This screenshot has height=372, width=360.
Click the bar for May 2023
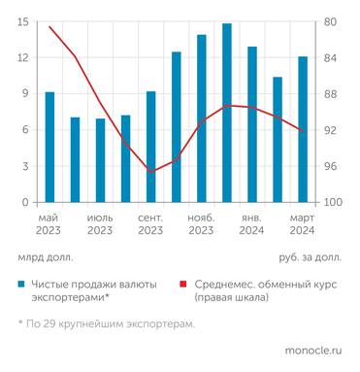pyautogui.click(x=49, y=148)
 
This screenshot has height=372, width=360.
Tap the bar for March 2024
pyautogui.click(x=303, y=130)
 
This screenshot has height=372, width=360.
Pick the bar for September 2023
pyautogui.click(x=150, y=148)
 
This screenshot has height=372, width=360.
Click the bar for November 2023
pyautogui.click(x=201, y=119)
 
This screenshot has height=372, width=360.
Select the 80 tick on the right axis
pyautogui.click(x=332, y=21)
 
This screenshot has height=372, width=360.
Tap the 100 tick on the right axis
pyautogui.click(x=335, y=203)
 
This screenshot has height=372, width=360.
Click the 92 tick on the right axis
pyautogui.click(x=332, y=130)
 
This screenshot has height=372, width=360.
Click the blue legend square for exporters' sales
pyautogui.click(x=20, y=284)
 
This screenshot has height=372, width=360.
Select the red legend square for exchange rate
pyautogui.click(x=183, y=284)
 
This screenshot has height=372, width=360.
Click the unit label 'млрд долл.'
pyautogui.click(x=45, y=256)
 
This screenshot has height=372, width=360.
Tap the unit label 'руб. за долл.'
pyautogui.click(x=310, y=256)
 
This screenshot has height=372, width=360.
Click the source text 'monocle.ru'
pyautogui.click(x=314, y=350)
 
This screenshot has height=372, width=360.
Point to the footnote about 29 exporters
pyautogui.click(x=106, y=323)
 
